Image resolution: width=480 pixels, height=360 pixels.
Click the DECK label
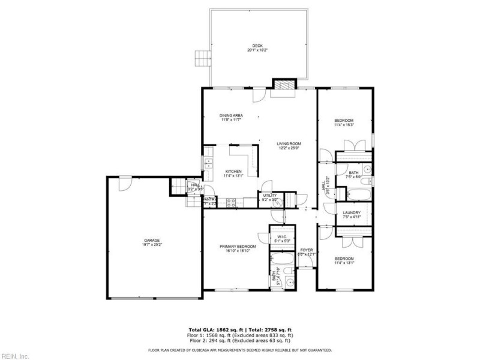point(257,46)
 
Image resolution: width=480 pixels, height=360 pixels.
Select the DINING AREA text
point(231,115)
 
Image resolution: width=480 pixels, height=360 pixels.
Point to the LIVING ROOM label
point(289,144)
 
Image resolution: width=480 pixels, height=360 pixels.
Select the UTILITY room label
point(269,195)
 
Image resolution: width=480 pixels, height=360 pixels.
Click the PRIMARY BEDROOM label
point(238,247)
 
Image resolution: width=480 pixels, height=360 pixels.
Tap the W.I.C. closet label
point(281,237)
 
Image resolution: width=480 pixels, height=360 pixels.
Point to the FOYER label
point(307,250)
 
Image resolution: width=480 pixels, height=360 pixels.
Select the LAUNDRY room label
point(352,213)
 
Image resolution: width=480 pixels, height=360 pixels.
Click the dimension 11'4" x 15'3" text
point(344,125)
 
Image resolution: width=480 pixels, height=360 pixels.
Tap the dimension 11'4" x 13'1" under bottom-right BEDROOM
point(344,262)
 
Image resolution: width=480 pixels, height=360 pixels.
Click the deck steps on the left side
point(203,58)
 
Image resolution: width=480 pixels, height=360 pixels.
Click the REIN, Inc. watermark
point(14,355)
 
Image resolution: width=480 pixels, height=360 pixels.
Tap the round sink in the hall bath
point(367,181)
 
